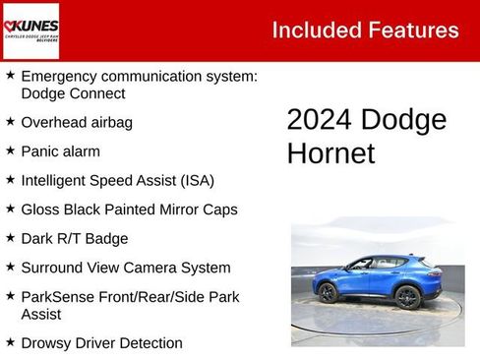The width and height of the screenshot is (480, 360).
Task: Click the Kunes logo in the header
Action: pyautogui.click(x=30, y=30)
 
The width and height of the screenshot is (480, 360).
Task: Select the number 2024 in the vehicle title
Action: pyautogui.click(x=320, y=120)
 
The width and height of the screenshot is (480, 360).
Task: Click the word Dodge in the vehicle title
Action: pyautogui.click(x=404, y=120)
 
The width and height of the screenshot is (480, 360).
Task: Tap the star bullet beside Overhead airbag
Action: pyautogui.click(x=10, y=122)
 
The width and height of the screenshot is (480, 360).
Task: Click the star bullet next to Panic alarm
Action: pyautogui.click(x=10, y=150)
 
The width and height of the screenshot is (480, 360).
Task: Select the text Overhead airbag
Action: pyautogui.click(x=76, y=123)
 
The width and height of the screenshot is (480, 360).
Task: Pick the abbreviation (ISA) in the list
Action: pyautogui.click(x=194, y=180)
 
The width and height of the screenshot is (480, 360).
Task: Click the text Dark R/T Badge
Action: pyautogui.click(x=74, y=238)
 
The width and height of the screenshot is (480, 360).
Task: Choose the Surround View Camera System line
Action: pyautogui.click(x=126, y=268)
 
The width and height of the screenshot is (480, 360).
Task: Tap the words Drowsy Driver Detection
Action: pyautogui.click(x=101, y=343)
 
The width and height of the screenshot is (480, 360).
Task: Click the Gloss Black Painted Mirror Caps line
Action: pyautogui.click(x=129, y=210)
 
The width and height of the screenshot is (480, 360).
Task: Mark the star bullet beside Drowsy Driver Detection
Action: pyautogui.click(x=10, y=341)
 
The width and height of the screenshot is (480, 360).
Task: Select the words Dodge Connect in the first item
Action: pyautogui.click(x=73, y=93)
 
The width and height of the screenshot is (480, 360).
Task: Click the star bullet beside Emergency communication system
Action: pyautogui.click(x=10, y=75)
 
